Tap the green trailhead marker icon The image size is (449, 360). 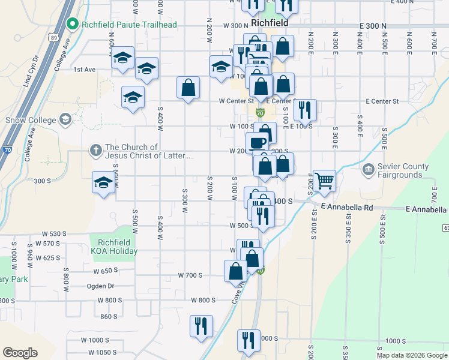point(73,24)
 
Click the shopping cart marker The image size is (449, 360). point(324,179)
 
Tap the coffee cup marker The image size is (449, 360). point(257,143)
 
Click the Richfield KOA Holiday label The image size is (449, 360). point(114,247)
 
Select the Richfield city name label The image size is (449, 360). point(270,22)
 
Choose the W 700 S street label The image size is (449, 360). point(190,275)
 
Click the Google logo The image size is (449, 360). point(20,353)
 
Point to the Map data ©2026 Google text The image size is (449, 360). point(411,355)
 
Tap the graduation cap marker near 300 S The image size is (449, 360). point(103,182)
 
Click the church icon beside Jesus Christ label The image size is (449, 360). point(95,151)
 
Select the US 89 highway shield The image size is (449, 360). point(54,37)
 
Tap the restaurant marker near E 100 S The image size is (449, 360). point(306,109)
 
